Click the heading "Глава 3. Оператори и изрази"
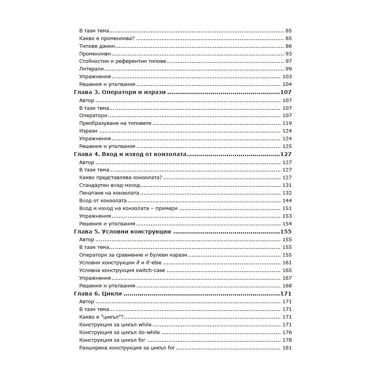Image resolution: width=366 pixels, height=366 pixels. pos(119,92)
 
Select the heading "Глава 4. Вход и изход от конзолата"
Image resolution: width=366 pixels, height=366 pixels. pos(130,154)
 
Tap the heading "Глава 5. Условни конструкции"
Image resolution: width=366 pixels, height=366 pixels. pos(122,232)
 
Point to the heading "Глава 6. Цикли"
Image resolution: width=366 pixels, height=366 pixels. pos(97,294)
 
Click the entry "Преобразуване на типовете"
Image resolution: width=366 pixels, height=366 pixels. pos(115,123)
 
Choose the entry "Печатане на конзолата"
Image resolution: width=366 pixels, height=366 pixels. pos(109,193)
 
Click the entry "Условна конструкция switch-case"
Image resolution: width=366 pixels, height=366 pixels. pos(122,270)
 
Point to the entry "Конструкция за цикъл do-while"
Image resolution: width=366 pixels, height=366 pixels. pos(119,332)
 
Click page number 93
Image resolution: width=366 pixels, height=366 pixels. pos(289,54)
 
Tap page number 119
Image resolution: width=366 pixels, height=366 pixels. pos(287,123)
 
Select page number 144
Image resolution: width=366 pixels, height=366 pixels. pos(287,201)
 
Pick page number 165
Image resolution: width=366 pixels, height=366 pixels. pos(287,270)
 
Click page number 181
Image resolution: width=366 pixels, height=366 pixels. pos(287,348)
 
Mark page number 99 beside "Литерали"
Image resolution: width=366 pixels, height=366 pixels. pos(289,69)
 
